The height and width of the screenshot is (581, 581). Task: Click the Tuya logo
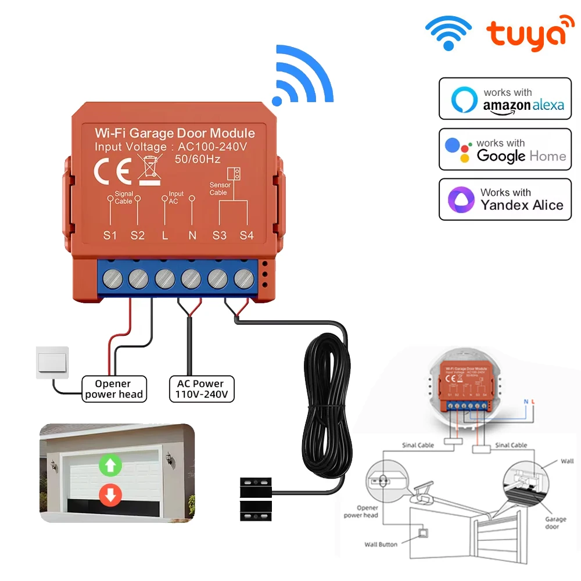coord(526,36)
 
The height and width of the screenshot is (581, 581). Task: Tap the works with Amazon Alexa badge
coord(505,99)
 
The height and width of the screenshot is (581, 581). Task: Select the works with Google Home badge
coord(505,149)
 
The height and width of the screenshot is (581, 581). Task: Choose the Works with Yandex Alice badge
coord(505,199)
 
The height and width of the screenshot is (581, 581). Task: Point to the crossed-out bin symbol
coord(150,169)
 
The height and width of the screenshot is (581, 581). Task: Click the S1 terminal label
coord(110,236)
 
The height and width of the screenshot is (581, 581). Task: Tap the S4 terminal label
coord(247,236)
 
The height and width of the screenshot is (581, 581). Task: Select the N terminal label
coord(192,236)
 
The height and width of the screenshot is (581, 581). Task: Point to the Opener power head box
coord(113,389)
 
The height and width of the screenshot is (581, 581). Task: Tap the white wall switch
coord(52,363)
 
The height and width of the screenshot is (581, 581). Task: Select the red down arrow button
coord(110,495)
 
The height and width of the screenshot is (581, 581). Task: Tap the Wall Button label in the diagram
coord(381,544)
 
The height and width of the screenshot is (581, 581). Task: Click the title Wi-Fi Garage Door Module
coord(175,133)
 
